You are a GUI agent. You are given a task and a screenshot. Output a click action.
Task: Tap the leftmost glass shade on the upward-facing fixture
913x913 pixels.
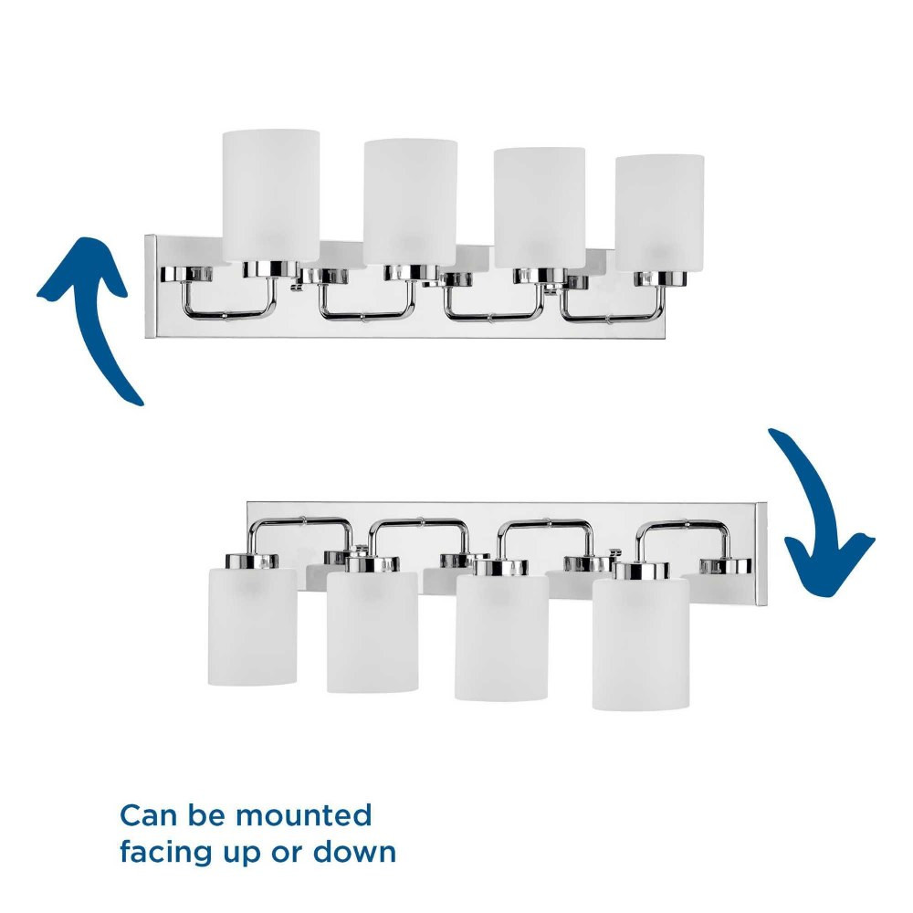271,195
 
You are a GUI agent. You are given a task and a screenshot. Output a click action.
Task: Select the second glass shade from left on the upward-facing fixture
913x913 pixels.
410,202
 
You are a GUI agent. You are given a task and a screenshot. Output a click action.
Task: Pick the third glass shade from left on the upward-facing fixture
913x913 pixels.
540,208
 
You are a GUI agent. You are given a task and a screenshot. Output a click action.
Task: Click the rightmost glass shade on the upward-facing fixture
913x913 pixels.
660,213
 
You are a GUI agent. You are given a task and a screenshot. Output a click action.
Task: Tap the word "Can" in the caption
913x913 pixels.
148,815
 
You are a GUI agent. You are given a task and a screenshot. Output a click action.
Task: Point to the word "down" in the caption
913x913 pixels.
355,852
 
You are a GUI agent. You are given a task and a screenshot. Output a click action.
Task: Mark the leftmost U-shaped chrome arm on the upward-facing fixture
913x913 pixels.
227,315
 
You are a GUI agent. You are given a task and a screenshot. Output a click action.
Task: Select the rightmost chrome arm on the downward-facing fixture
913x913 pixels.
682,524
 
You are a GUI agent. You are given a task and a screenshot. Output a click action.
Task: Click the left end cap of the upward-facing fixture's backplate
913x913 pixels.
151,286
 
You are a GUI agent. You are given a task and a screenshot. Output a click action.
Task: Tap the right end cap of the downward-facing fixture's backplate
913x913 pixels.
761,554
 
